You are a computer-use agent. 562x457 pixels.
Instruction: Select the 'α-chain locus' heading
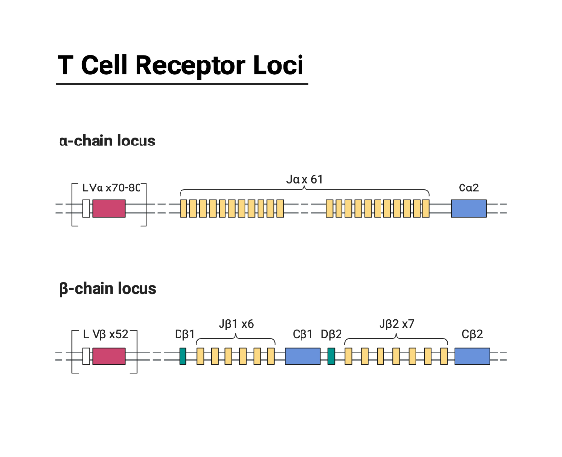(x=106, y=142)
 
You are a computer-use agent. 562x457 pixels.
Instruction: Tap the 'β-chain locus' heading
(x=106, y=289)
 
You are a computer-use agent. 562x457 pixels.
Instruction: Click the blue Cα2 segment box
(x=468, y=208)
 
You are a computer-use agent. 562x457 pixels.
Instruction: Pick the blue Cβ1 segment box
(x=302, y=355)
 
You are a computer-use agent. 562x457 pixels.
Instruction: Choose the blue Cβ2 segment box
(x=471, y=355)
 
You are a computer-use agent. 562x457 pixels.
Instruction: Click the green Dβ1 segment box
(x=182, y=355)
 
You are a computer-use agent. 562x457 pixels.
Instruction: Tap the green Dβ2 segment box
(x=331, y=355)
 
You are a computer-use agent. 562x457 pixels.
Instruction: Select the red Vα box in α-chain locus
(x=108, y=208)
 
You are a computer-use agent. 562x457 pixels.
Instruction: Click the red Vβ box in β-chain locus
(x=108, y=355)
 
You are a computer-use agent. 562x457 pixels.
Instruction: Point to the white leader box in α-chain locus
(x=86, y=208)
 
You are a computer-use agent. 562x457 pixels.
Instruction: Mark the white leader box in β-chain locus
(x=86, y=355)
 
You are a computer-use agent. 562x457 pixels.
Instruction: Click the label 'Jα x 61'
(x=304, y=180)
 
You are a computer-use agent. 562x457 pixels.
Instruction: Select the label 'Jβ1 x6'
(x=235, y=324)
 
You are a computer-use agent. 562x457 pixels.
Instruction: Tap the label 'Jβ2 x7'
(x=395, y=324)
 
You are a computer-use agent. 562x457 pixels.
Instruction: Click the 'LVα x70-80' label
(x=111, y=186)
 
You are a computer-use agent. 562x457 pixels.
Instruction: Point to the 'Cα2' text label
(x=468, y=186)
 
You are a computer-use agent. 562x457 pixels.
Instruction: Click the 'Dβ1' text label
(x=185, y=333)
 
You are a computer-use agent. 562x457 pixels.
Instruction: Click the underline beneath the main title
(x=181, y=84)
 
